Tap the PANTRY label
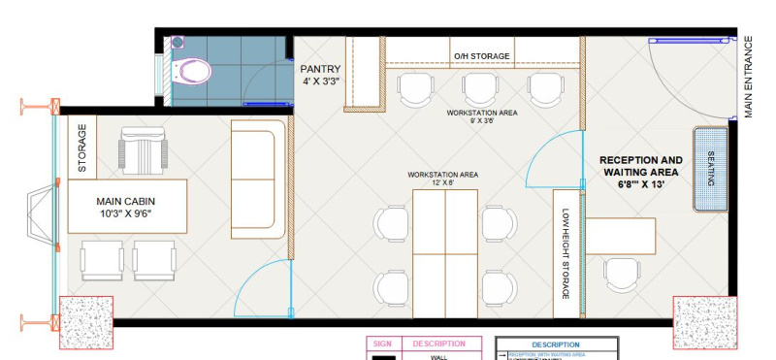tap(319, 74)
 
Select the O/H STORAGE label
tap(481, 57)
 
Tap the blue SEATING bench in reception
tap(711, 168)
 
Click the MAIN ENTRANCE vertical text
tap(749, 78)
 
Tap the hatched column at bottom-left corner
tap(87, 323)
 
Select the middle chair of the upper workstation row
tap(480, 89)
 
